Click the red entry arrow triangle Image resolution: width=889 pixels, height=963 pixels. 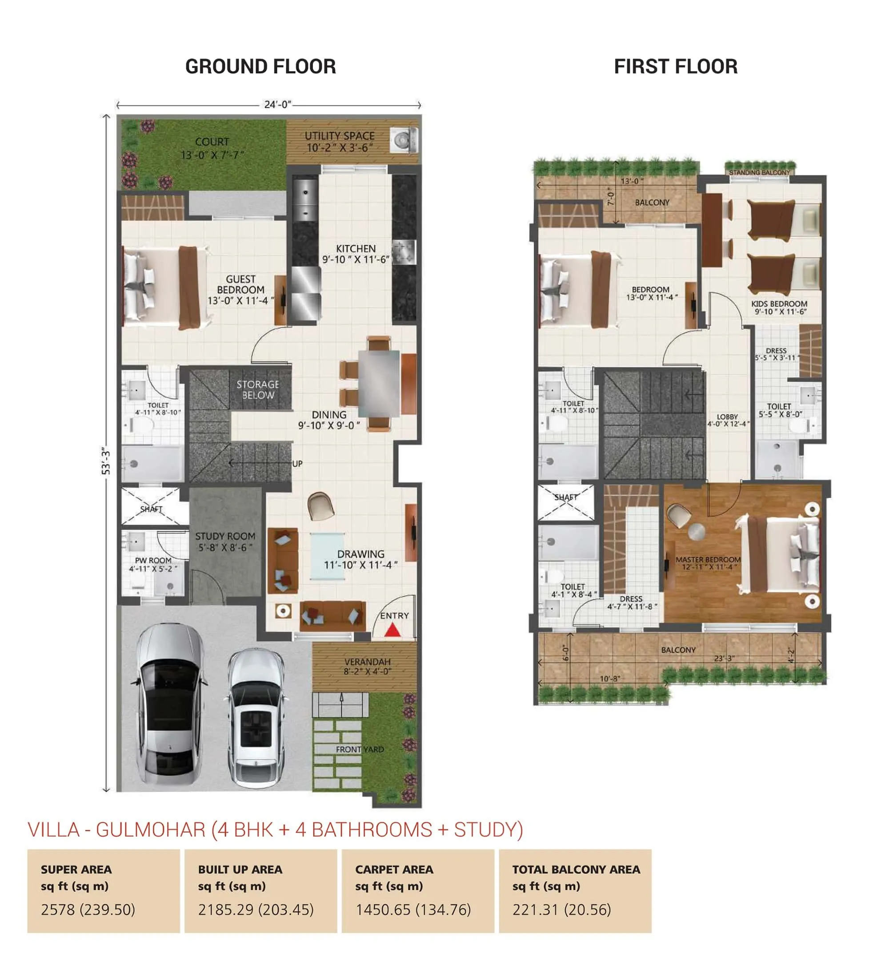[392, 630]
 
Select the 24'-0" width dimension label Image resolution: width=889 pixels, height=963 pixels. [277, 105]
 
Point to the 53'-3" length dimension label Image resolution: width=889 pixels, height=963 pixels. [106, 462]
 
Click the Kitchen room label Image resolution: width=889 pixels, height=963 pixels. [356, 254]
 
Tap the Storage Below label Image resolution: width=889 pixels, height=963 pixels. [258, 389]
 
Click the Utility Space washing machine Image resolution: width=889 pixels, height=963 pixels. [403, 140]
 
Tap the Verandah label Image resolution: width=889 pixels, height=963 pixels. [367, 666]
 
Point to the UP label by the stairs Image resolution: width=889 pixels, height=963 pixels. [297, 464]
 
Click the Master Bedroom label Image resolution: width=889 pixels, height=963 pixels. [708, 563]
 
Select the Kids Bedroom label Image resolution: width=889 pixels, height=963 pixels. [779, 307]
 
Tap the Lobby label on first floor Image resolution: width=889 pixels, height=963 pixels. [727, 420]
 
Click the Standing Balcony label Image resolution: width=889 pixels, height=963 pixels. [759, 172]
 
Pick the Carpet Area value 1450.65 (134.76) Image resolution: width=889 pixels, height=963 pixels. [413, 910]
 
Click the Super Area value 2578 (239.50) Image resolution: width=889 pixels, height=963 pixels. [88, 910]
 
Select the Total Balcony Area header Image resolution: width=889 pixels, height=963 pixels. [576, 870]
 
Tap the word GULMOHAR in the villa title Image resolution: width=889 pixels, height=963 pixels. [151, 829]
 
